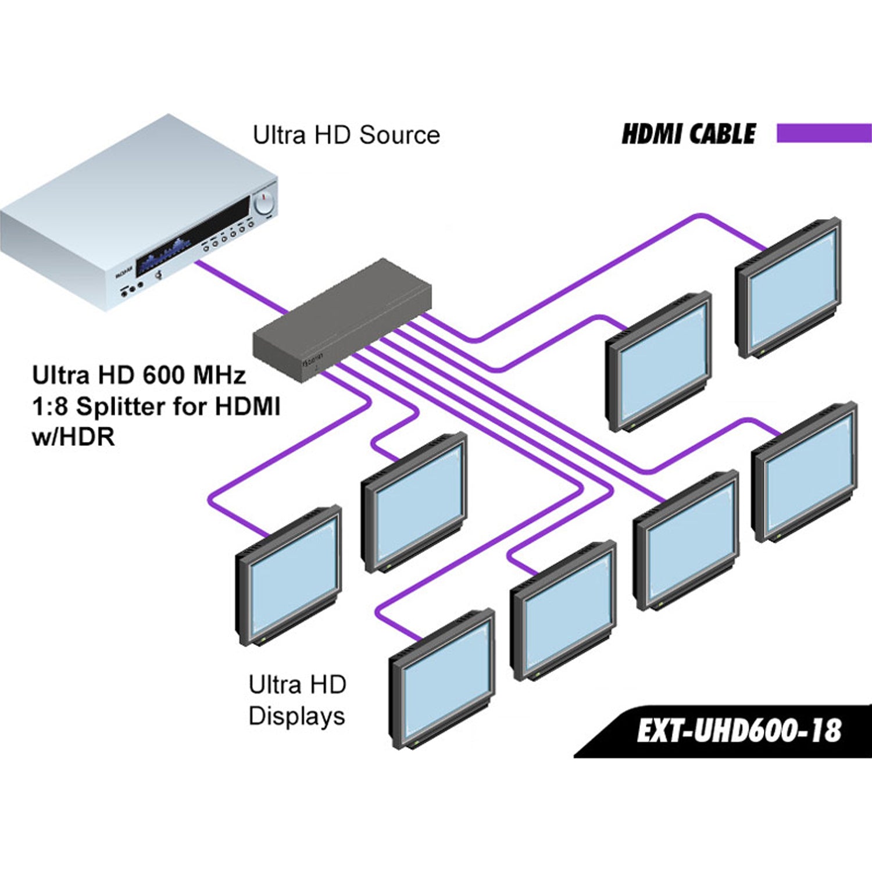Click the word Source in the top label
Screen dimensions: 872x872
pyautogui.click(x=399, y=135)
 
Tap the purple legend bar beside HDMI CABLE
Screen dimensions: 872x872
pyautogui.click(x=824, y=133)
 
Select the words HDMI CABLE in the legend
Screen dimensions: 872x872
pyautogui.click(x=688, y=134)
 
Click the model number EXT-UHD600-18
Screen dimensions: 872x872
pyautogui.click(x=738, y=731)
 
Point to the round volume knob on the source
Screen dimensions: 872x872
pyautogui.click(x=264, y=203)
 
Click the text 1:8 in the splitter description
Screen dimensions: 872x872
pyautogui.click(x=50, y=406)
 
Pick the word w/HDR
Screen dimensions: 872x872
pyautogui.click(x=73, y=437)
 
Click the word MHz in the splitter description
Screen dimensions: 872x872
pyautogui.click(x=219, y=376)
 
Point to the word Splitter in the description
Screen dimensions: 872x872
pyautogui.click(x=142, y=406)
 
